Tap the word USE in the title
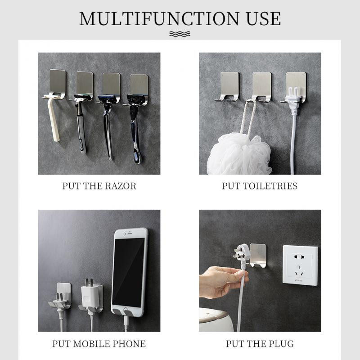[x=264, y=18]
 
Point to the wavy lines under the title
[x=180, y=34]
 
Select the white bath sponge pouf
[x=239, y=154]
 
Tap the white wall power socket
[x=300, y=265]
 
